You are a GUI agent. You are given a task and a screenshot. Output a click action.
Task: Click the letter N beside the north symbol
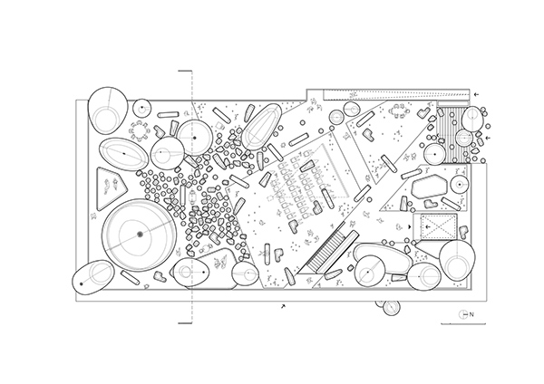[x=471, y=314]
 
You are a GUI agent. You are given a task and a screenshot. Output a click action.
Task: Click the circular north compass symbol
[x=463, y=314]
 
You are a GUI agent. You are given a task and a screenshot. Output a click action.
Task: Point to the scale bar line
[x=463, y=324]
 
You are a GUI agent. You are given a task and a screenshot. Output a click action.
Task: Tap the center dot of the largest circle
[x=140, y=235]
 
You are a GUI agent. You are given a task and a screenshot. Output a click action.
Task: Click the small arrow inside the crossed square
[x=428, y=227]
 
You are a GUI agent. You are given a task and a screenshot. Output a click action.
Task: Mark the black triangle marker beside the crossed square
[x=410, y=227]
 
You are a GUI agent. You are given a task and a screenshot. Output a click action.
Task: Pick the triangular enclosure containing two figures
[x=111, y=188]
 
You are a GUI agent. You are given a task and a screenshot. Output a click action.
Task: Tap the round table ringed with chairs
[x=140, y=130]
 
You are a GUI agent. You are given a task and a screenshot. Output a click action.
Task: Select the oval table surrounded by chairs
[x=398, y=112]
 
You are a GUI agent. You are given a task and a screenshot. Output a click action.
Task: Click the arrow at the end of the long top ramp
[x=477, y=94]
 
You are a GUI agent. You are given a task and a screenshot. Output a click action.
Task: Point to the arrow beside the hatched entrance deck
[x=488, y=138]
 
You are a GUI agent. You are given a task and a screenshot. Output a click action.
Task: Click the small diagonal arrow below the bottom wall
[x=284, y=306]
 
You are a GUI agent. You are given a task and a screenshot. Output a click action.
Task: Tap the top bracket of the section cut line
[x=185, y=71]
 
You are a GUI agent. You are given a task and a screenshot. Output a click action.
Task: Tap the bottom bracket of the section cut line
[x=185, y=323]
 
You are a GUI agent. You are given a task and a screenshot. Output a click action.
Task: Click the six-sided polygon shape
[x=430, y=186]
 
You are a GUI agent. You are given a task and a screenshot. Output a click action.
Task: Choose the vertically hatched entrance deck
[x=452, y=135]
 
